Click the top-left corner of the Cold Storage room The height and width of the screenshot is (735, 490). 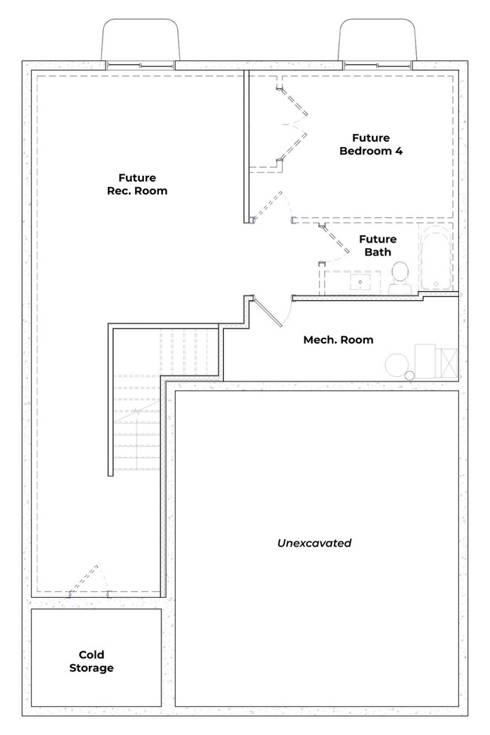coord(32,609)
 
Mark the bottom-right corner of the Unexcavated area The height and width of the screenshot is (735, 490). coord(458,706)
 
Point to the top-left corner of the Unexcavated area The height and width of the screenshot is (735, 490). coord(176,391)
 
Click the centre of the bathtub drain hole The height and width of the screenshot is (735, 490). coord(436,283)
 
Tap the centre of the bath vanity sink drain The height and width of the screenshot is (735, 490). coord(360,282)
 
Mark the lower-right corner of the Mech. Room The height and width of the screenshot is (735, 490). coord(458,381)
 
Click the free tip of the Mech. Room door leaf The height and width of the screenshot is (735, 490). coord(281,326)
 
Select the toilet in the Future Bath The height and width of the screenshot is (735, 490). coord(400,277)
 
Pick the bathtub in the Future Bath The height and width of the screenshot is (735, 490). coord(436,259)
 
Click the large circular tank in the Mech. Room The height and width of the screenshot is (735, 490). coord(397,364)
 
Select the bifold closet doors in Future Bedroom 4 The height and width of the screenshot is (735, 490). coord(292,124)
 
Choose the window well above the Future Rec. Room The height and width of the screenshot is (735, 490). coord(140,40)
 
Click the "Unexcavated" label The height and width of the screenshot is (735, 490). coord(314,543)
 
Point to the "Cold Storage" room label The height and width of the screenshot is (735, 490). coord(91,661)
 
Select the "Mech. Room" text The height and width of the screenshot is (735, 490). coord(338,339)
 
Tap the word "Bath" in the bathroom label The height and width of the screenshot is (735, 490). coord(378,253)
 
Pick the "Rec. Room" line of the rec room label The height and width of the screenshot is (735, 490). coord(137,191)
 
